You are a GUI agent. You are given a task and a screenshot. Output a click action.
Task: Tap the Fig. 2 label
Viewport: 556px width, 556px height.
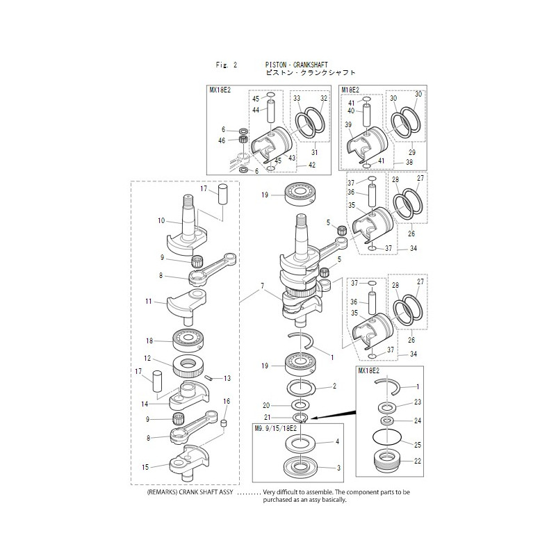coord(227,65)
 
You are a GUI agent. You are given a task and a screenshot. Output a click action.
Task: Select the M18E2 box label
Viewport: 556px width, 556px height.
coord(350,90)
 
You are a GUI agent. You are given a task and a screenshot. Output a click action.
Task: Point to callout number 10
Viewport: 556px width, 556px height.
coord(161,221)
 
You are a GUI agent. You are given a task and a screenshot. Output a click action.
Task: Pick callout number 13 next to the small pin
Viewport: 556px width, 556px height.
coord(227,379)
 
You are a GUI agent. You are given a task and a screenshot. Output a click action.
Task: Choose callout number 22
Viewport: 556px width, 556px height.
coord(417,461)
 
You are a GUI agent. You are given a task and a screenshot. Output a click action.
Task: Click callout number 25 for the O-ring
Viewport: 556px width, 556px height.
coord(417,443)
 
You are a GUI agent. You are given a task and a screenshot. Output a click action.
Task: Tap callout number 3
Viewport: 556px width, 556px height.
coord(338,468)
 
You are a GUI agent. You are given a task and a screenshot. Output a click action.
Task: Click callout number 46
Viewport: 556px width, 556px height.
coord(222,140)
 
